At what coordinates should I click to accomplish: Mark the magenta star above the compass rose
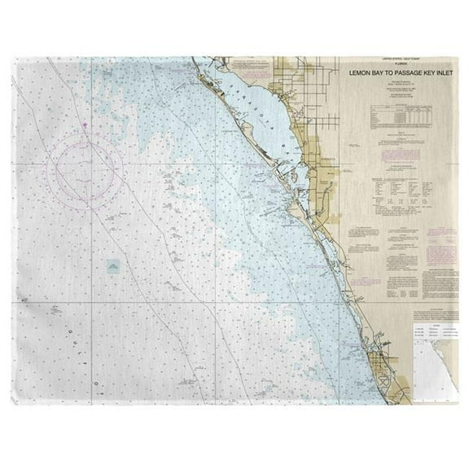coord(85,125)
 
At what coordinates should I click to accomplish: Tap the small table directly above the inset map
coord(434,330)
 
